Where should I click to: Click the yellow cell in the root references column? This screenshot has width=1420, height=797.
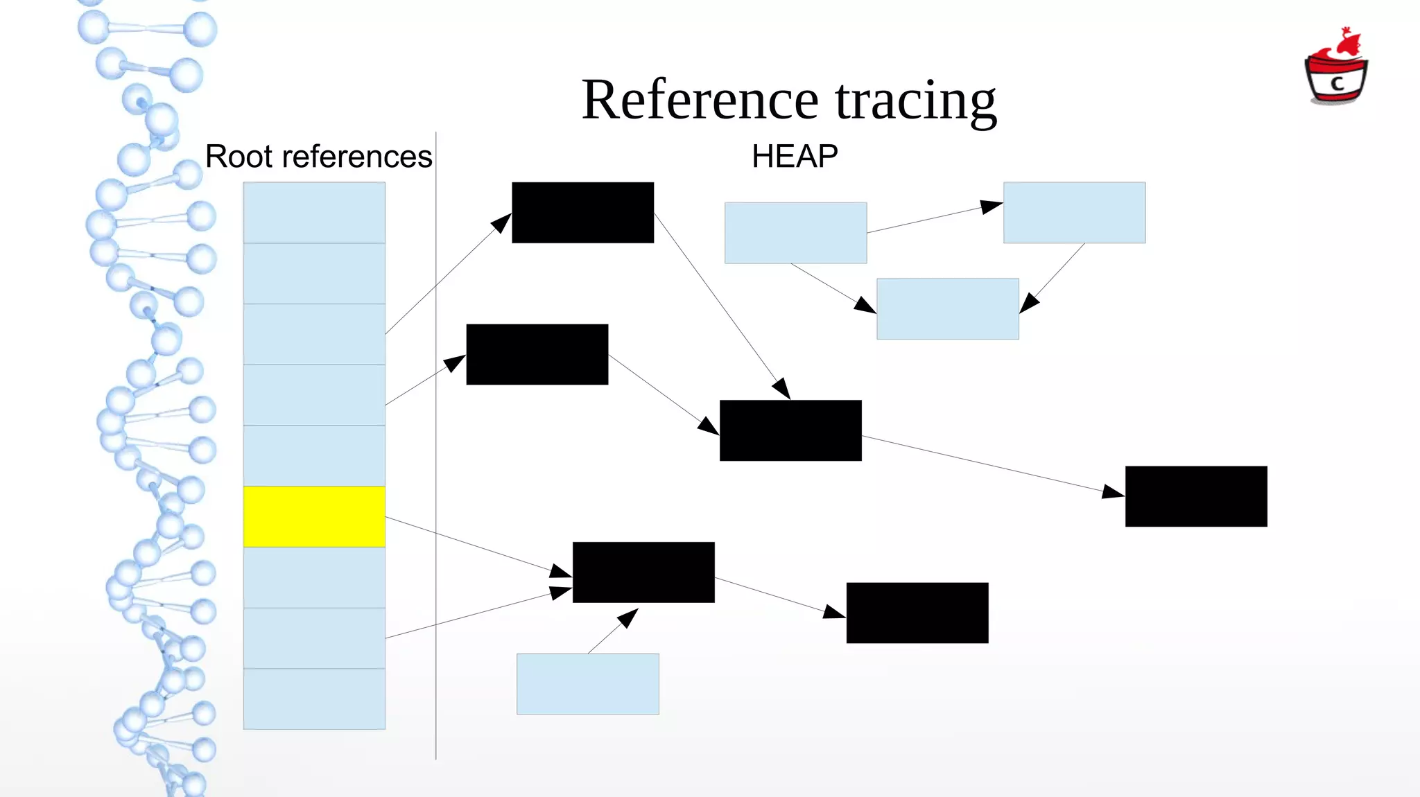314,516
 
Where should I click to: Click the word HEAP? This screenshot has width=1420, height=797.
795,157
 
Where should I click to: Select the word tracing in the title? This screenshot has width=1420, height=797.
915,101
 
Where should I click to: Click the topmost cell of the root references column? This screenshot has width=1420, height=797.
314,213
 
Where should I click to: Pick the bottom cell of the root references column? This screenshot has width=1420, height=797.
314,699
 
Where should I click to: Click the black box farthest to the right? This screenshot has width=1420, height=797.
1196,496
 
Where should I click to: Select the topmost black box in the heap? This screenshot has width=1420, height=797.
582,213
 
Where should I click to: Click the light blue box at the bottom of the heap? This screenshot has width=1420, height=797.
588,684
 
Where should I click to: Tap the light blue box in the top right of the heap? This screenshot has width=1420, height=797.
1074,213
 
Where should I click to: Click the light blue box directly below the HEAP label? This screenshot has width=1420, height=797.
795,233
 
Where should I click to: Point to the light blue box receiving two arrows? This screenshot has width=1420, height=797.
947,309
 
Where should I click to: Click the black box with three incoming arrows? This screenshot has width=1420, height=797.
643,572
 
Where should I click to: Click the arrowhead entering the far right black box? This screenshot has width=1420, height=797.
1113,492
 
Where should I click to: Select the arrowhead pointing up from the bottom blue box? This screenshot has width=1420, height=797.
627,617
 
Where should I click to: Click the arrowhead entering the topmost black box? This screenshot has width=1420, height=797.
501,223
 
